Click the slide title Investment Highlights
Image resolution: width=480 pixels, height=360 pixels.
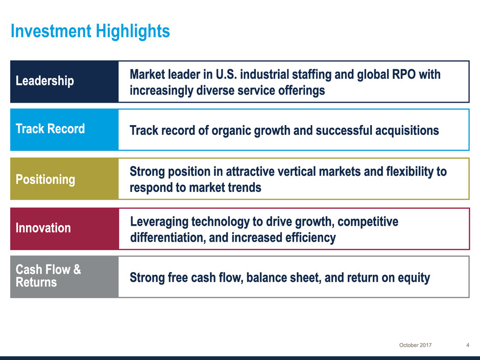click(x=90, y=31)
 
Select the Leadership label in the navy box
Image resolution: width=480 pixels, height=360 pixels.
click(x=45, y=81)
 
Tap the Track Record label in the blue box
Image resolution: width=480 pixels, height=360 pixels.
click(x=50, y=129)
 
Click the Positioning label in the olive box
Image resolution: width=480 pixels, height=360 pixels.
click(x=45, y=179)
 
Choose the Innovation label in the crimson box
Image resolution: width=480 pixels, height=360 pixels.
click(x=43, y=228)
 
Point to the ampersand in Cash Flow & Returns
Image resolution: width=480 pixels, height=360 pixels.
click(x=77, y=270)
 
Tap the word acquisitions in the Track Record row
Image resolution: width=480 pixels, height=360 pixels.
click(x=407, y=130)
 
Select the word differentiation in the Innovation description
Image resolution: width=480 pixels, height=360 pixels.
click(x=168, y=237)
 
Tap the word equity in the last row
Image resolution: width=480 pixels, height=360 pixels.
click(x=414, y=278)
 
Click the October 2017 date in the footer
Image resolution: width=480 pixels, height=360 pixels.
click(x=416, y=345)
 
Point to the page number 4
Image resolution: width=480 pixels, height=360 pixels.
click(x=468, y=345)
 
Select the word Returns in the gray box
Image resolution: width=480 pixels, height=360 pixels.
click(x=36, y=282)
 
